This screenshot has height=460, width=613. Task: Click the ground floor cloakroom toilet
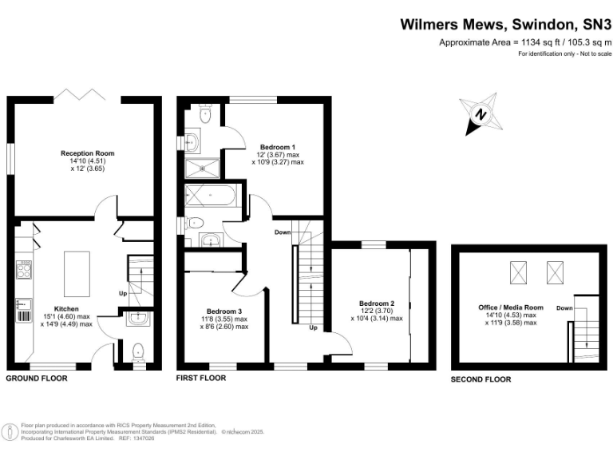[140, 351]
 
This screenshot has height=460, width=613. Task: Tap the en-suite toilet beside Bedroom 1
[204, 115]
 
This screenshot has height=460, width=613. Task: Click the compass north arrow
[481, 114]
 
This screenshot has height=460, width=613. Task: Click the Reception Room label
[88, 153]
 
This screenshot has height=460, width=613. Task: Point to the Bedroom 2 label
[377, 303]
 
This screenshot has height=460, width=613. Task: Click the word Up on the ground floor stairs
[122, 293]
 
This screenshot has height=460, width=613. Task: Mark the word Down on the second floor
[564, 307]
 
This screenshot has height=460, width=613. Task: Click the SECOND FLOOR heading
[481, 379]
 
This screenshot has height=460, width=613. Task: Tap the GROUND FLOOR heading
[37, 379]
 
